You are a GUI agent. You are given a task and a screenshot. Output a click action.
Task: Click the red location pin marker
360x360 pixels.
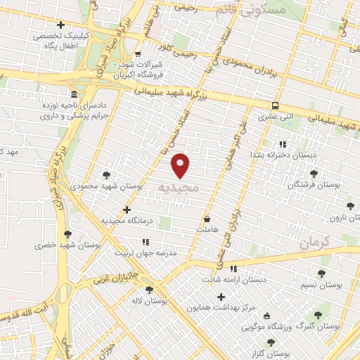click(x=181, y=165)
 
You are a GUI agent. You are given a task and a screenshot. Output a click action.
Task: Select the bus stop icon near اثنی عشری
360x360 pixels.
click(x=276, y=105)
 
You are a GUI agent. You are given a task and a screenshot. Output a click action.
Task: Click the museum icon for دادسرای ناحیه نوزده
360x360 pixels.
click(x=74, y=95)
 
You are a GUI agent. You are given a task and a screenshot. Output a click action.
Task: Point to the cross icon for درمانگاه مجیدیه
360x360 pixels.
click(x=127, y=210)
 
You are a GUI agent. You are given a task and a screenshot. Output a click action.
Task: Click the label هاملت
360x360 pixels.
click(x=209, y=230)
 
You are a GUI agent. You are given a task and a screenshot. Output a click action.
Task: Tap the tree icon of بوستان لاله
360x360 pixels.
click(x=148, y=289)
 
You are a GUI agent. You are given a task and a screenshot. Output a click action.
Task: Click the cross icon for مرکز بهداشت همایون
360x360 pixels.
click(x=223, y=297)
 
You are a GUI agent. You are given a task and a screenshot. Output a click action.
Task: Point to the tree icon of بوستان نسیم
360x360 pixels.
click(x=322, y=274)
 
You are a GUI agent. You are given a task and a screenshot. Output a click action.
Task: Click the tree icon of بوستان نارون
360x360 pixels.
click(x=350, y=206)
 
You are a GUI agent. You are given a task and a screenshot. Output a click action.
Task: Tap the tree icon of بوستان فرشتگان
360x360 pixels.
click(x=314, y=173)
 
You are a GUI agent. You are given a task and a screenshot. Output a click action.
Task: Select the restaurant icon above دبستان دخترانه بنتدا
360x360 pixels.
click(x=281, y=144)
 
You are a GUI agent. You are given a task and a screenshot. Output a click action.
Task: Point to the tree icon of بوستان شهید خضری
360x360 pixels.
click(x=67, y=235)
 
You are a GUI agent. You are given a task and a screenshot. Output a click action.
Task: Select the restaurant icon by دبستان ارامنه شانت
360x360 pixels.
click(x=234, y=268)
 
